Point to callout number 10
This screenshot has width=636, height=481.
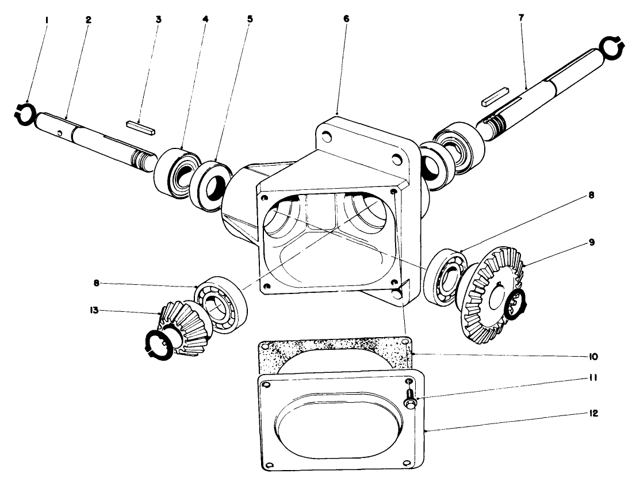[x=593, y=357]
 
